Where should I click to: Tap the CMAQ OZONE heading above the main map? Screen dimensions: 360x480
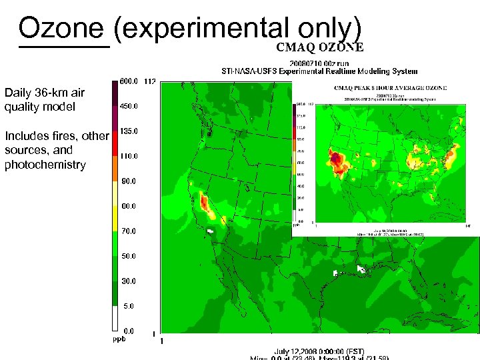pos(320,47)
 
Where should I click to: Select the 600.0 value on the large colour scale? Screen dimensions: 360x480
pos(129,81)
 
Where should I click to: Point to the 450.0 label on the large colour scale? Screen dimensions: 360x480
pos(129,106)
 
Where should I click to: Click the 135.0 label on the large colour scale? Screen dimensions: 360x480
pos(129,131)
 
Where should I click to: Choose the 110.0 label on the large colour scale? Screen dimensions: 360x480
pos(129,156)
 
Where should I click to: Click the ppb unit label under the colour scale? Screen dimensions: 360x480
pos(118,339)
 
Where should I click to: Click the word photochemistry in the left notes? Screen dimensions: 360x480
pos(45,165)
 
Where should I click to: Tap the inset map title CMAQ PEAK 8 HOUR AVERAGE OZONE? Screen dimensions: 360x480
pos(389,87)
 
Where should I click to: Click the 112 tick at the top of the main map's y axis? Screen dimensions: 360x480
pos(149,81)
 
